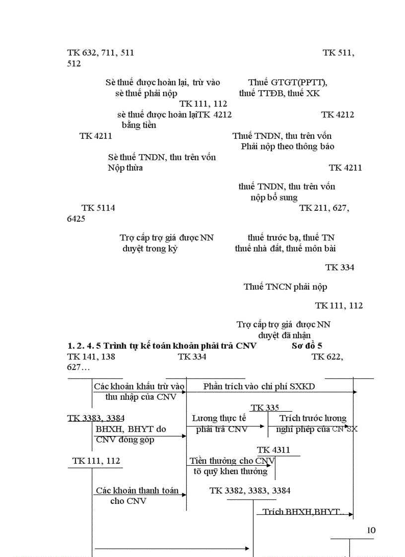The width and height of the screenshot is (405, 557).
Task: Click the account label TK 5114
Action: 98,208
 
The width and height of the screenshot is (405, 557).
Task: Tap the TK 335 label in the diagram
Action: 265,408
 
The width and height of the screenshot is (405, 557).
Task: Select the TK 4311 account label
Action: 273,450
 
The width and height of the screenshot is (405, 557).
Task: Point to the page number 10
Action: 371,530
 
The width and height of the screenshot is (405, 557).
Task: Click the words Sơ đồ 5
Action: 307,346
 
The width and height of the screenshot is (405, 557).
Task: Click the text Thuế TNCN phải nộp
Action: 285,287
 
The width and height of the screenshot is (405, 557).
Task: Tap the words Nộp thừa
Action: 125,168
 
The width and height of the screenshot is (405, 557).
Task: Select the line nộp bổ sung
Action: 274,197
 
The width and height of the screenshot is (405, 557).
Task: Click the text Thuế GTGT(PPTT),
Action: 287,82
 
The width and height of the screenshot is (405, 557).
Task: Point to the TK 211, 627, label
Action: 324,208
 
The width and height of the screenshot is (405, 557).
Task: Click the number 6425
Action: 76,219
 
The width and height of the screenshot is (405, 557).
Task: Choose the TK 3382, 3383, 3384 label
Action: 250,491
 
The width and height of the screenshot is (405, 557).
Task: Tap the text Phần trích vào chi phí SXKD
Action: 259,386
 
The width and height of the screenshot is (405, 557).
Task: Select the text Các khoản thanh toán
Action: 137,491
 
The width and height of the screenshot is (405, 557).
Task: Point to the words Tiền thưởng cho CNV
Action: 232,461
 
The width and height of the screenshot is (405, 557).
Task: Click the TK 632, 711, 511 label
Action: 100,53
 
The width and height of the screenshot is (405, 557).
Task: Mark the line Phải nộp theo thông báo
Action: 287,146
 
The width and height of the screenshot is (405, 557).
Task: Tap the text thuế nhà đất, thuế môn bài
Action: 285,248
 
